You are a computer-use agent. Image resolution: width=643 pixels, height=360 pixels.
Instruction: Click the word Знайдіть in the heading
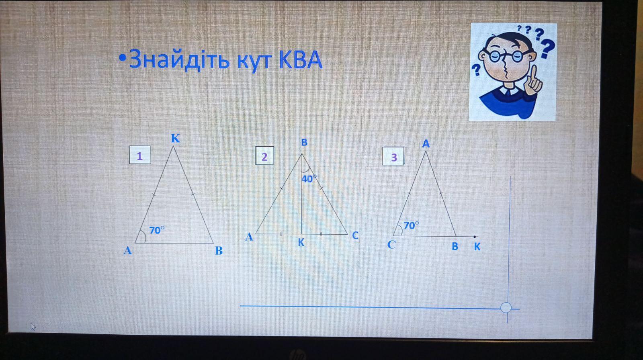click(x=179, y=60)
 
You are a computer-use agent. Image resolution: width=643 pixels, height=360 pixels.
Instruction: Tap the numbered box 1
click(x=140, y=155)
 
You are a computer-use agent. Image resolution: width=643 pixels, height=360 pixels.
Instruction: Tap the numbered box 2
click(x=264, y=155)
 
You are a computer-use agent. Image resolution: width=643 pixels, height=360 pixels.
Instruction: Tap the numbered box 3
click(x=393, y=156)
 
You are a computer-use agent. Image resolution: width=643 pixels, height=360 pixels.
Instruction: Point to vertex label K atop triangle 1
click(x=175, y=138)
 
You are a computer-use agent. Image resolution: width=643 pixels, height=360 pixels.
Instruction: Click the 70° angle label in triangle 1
click(x=157, y=230)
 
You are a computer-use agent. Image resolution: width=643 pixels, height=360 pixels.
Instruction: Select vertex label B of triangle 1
click(x=219, y=251)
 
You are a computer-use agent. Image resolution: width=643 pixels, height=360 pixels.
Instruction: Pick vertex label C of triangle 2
click(x=355, y=235)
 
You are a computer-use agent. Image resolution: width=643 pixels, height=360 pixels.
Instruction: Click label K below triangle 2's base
click(x=301, y=243)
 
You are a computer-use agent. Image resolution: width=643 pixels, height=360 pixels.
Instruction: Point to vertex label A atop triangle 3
click(x=426, y=143)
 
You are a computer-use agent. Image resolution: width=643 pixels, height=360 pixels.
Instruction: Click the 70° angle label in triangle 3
click(x=411, y=225)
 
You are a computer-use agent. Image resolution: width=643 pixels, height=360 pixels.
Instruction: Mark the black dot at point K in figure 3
click(x=475, y=237)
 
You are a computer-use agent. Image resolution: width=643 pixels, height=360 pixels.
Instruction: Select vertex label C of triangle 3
click(x=391, y=245)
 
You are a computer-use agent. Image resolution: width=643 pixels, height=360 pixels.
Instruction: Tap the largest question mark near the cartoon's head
click(x=547, y=48)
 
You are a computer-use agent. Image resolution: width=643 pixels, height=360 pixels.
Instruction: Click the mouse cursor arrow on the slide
click(x=33, y=326)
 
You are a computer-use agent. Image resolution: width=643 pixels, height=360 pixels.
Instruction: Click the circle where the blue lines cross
click(x=506, y=307)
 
